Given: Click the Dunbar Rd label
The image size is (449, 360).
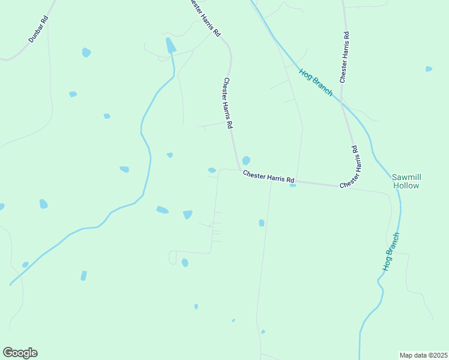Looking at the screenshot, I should click(38, 29).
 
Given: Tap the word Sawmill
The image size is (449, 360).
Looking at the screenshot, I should click(406, 177).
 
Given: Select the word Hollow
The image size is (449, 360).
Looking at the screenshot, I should click(406, 186).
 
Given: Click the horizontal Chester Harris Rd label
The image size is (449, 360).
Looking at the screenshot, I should click(269, 177).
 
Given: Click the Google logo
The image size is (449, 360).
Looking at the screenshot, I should click(20, 353).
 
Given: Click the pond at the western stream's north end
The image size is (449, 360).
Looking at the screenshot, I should click(170, 45).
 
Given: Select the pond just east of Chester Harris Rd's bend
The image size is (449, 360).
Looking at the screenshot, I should click(246, 160).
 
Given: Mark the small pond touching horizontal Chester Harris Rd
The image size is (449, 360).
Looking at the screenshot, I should click(292, 185).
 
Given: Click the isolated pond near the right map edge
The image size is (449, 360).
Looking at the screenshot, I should click(429, 69).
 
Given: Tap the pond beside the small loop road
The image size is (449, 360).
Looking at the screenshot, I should click(185, 262).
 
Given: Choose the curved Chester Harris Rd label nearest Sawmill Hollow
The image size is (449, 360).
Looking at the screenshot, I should click(351, 167).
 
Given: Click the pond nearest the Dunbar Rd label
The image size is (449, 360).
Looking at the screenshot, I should click(86, 52).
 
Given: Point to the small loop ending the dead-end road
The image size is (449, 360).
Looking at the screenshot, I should click(172, 257).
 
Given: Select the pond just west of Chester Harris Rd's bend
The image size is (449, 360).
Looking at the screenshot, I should click(212, 170).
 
